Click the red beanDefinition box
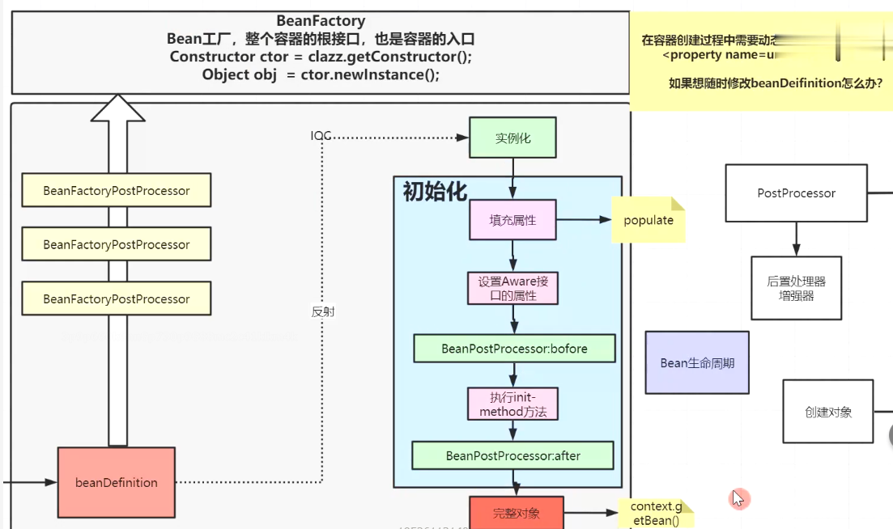click(117, 482)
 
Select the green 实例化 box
click(513, 138)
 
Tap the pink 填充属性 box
click(513, 219)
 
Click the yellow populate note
click(648, 220)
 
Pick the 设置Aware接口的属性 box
click(513, 288)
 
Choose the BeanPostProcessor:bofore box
click(514, 349)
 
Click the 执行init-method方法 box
click(513, 404)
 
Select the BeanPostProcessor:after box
click(513, 455)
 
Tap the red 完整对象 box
click(516, 513)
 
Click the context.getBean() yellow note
click(657, 513)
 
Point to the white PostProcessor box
click(796, 193)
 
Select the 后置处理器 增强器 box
click(796, 289)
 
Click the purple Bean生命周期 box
click(697, 363)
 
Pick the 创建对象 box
click(828, 412)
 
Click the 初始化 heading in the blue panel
click(435, 192)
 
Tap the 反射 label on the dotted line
click(323, 311)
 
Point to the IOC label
click(321, 136)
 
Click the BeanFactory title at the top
click(321, 21)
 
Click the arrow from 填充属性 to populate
click(583, 219)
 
